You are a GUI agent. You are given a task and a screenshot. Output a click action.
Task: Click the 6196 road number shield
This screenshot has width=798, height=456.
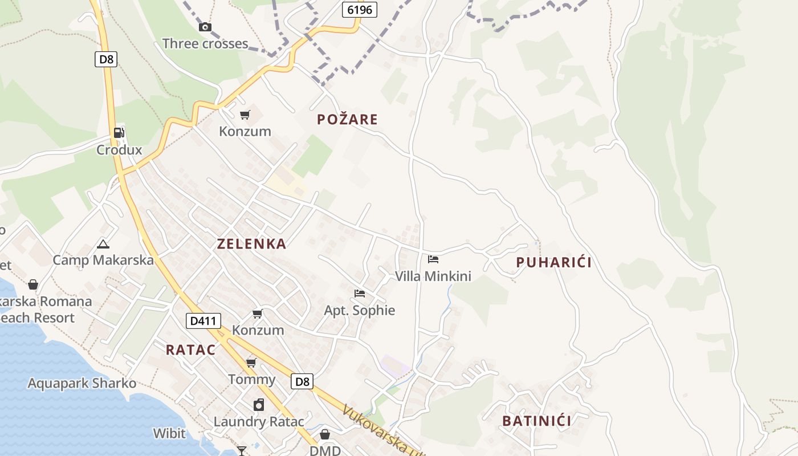360,9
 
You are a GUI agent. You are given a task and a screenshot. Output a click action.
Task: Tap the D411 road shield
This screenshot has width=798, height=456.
203,321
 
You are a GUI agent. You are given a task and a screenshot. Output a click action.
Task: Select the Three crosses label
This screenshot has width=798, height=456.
205,43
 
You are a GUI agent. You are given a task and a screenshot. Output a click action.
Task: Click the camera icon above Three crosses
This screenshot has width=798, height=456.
205,27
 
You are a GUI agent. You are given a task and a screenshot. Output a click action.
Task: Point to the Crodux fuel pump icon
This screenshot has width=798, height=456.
119,133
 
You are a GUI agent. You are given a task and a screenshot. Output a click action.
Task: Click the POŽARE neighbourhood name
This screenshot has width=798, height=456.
347,119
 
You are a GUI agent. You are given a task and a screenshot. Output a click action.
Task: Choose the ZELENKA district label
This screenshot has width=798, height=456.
251,244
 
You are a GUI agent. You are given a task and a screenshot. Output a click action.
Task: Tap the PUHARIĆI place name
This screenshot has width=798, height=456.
553,262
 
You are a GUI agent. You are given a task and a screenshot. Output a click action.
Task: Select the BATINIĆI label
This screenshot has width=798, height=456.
536,421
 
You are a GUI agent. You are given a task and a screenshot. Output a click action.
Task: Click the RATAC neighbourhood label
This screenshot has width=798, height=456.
190,350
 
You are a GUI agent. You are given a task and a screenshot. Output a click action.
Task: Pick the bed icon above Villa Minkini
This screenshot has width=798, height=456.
433,259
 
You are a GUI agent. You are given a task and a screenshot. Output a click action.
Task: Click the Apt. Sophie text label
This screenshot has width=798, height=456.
359,311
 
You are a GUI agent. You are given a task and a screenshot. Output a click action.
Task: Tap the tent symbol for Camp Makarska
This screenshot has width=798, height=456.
103,245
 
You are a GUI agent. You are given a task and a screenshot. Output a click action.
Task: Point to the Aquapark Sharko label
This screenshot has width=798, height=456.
82,383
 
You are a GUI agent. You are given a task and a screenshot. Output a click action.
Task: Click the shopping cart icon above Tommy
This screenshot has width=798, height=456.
251,363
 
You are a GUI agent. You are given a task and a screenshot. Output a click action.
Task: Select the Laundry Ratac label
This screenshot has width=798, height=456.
256,422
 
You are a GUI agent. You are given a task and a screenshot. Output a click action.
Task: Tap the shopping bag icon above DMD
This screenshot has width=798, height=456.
325,434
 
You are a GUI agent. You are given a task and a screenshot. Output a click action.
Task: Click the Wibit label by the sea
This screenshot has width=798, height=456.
169,433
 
